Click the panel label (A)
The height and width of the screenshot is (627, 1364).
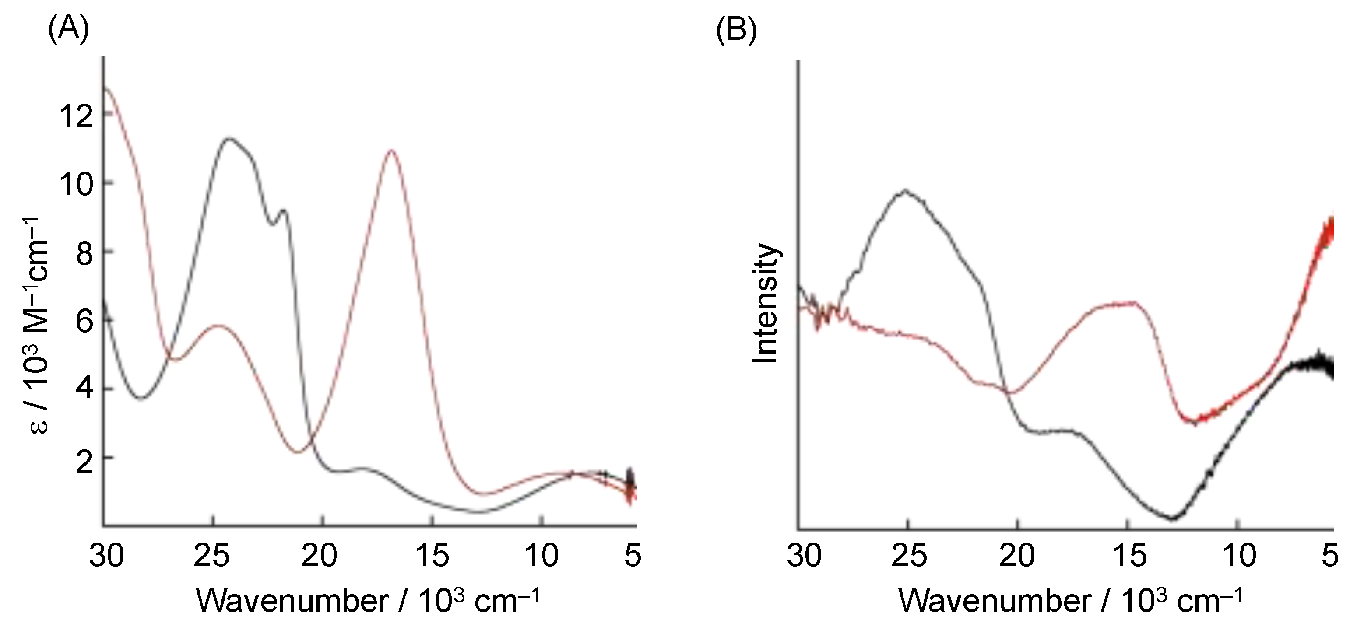coord(68,31)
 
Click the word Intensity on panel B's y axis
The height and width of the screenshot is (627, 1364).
coord(766,304)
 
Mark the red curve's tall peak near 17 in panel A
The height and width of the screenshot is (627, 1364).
coord(391,151)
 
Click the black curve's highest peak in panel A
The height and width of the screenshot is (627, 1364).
coord(229,139)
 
